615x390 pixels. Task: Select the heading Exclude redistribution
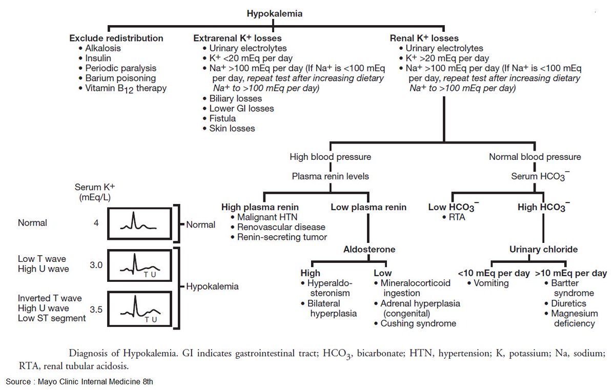(116, 38)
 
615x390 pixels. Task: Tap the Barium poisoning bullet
(120, 78)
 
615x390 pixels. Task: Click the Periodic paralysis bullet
(121, 68)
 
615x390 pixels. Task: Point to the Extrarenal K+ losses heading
(237, 38)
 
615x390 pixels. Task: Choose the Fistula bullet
(222, 118)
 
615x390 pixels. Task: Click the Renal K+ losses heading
(424, 38)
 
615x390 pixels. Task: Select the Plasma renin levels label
(331, 176)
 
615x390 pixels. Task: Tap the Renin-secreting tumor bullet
(281, 237)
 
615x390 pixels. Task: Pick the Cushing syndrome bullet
(418, 323)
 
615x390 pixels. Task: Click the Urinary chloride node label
(543, 249)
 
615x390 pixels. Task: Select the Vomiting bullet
(490, 283)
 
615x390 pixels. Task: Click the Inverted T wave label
(50, 298)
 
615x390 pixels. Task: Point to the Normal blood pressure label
(535, 157)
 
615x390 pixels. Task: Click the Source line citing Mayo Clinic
(79, 381)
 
